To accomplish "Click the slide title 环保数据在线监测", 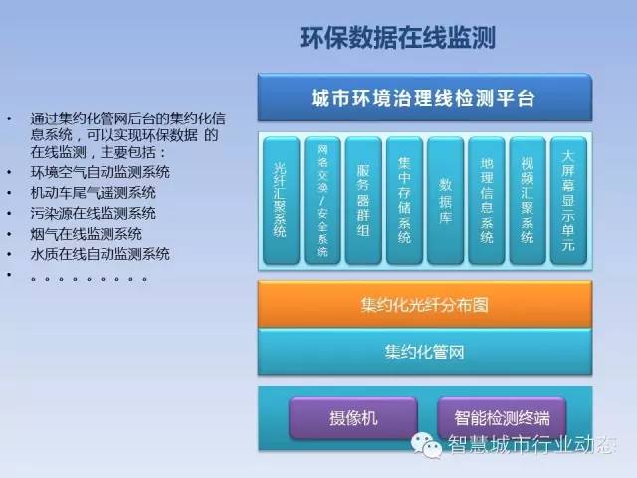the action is point(397,38).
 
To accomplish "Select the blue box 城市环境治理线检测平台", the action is point(425,98).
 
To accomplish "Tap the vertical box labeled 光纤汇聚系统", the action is point(281,201).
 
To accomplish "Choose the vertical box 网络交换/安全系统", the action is point(322,201).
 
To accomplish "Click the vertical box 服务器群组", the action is point(363,201).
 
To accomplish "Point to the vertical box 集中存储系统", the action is point(404,201).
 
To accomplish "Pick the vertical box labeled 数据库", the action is point(445,201).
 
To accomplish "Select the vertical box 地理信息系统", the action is point(487,201).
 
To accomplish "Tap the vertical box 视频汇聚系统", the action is point(528,201).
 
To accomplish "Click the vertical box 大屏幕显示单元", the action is point(568,201).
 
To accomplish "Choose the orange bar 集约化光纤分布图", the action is point(425,304).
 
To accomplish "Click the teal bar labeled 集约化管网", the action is point(425,352).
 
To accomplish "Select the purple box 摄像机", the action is point(353,418).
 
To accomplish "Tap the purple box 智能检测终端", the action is point(502,418).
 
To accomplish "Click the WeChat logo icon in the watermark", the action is point(427,445).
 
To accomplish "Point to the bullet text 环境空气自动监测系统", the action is point(101,172).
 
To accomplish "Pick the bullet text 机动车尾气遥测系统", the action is point(94,192).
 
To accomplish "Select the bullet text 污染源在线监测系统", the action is point(94,213).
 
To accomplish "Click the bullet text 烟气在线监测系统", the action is point(87,234).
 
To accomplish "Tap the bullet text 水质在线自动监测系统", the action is point(101,254).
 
